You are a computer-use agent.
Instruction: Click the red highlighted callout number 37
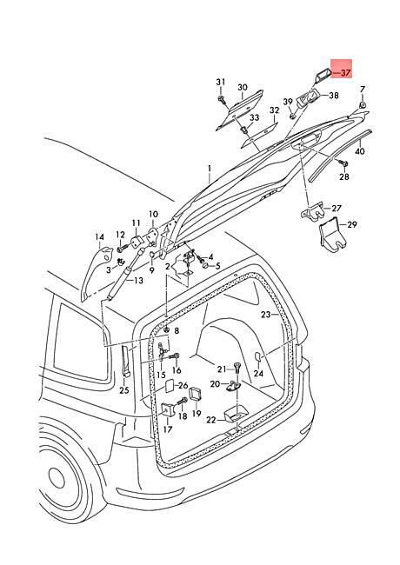(x=345, y=73)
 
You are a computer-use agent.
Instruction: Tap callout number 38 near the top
(x=334, y=96)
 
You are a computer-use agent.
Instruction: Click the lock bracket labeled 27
(x=313, y=213)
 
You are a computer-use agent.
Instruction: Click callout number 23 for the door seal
(x=265, y=315)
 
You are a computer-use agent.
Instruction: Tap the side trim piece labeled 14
(x=95, y=272)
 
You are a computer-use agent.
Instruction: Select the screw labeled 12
(x=123, y=249)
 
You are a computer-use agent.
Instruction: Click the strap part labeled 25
(x=125, y=361)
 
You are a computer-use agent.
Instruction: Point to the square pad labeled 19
(x=196, y=394)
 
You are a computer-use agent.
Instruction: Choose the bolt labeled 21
(x=237, y=369)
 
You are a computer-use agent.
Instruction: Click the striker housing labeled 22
(x=236, y=415)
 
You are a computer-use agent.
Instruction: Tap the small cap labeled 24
(x=258, y=356)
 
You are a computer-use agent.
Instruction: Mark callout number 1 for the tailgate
(x=209, y=168)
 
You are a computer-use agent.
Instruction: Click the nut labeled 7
(x=362, y=105)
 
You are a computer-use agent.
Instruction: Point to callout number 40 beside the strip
(x=360, y=151)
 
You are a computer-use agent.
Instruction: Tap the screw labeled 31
(x=221, y=98)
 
